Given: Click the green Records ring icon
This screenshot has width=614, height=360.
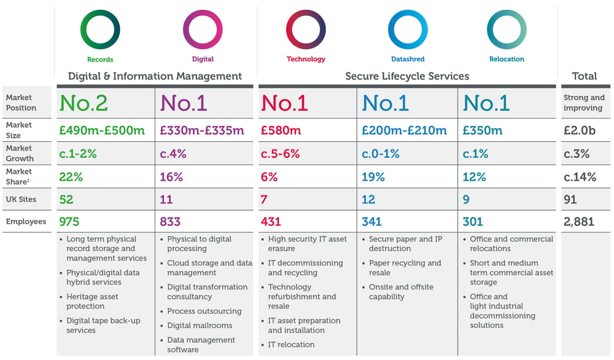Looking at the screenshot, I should point(100,29).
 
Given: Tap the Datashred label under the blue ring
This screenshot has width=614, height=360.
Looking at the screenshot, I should point(408,60).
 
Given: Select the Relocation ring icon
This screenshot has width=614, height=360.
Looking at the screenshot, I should point(507,29).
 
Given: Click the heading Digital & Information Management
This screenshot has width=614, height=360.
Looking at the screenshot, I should point(155,76).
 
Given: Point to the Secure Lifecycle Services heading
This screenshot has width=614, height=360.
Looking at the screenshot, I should point(407,76).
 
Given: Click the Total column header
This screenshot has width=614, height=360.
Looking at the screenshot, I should point(584,76).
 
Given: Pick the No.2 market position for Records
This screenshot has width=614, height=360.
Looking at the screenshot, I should point(84,103).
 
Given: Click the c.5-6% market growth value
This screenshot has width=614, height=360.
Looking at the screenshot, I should point(281,154).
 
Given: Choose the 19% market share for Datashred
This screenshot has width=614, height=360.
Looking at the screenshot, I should point(373,177).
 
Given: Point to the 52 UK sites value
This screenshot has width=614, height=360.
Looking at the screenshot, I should point(66,200).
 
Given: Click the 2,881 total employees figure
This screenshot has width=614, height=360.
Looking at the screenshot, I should point(579,222).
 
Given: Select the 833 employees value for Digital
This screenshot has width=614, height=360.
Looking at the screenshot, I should point(171,222).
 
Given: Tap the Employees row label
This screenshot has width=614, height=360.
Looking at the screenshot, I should point(26,222).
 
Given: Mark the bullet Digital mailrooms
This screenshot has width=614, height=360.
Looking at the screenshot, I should point(200,326).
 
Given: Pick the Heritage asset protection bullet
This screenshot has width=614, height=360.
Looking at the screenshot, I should point(92,302).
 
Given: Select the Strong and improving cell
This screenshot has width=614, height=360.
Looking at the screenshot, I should point(584,103).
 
